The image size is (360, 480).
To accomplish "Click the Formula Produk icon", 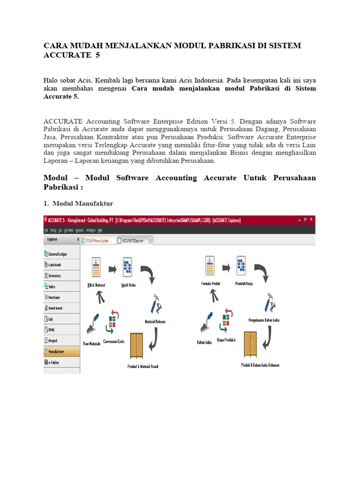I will click(x=209, y=267).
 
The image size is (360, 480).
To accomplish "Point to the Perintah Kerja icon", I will click(x=242, y=267).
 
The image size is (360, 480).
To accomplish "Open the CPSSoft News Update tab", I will click(x=98, y=240).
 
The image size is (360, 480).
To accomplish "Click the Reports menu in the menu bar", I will click(x=79, y=231).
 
